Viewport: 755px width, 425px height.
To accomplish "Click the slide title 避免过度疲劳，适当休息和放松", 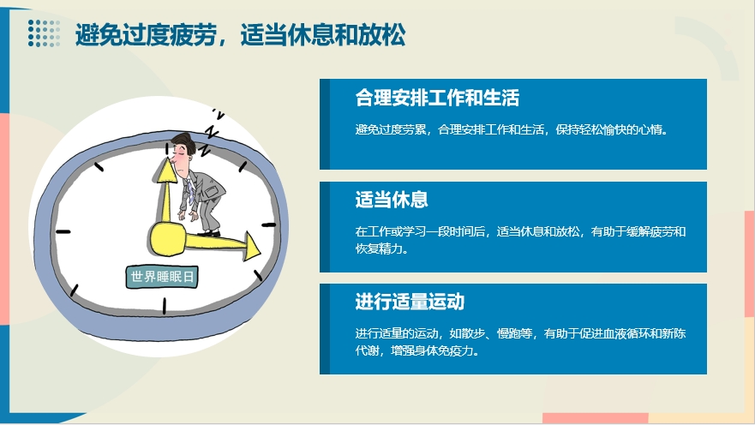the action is (240, 34).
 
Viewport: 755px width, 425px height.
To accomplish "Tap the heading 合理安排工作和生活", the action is (437, 98).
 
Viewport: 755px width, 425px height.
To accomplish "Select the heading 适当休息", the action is (392, 200).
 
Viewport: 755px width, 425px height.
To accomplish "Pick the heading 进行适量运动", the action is (410, 302).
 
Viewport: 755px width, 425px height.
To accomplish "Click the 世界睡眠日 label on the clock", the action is (162, 277).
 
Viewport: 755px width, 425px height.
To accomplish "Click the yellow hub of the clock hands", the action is (166, 238).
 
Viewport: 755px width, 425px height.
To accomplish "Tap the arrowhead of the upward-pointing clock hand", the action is (168, 170).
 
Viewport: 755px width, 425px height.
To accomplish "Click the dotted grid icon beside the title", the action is (44, 33).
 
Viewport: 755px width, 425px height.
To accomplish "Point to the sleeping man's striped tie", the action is (191, 189).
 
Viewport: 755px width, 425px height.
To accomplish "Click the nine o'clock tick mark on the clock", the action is (63, 232).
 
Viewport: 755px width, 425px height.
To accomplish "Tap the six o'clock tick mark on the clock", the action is (165, 306).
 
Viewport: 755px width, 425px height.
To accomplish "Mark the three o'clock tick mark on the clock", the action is (269, 224).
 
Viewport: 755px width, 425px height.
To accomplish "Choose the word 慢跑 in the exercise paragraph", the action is (508, 333).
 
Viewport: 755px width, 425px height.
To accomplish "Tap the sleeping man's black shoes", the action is (208, 233).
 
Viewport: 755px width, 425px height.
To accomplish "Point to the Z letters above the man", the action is (210, 132).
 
